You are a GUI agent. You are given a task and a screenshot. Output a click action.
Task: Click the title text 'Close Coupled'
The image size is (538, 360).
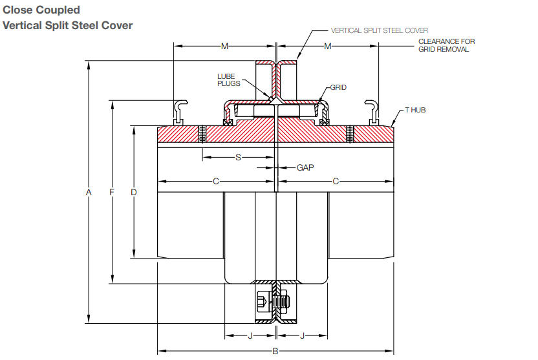(x=42, y=10)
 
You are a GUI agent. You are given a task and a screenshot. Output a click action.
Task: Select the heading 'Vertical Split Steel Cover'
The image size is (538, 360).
(x=68, y=26)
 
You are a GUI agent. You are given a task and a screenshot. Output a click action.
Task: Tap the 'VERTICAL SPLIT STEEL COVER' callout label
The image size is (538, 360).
(x=379, y=30)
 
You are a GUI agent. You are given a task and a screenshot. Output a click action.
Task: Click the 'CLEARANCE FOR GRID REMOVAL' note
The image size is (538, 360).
(x=446, y=45)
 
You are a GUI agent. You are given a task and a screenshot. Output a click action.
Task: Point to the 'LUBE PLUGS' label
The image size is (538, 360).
(x=229, y=79)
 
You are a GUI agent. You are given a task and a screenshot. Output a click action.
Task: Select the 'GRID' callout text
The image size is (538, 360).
(x=338, y=87)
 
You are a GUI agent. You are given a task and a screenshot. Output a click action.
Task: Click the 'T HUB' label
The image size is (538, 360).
(x=415, y=111)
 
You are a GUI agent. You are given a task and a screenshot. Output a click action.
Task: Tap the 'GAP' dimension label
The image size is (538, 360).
(x=305, y=167)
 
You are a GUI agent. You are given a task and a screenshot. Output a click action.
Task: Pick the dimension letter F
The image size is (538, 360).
(x=112, y=192)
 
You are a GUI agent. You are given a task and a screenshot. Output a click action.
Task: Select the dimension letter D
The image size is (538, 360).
(x=134, y=192)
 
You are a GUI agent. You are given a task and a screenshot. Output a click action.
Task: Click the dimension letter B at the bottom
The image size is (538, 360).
(x=275, y=351)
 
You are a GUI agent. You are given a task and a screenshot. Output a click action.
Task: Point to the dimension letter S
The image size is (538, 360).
(x=238, y=157)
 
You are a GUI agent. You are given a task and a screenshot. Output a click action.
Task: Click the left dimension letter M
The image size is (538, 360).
(x=224, y=47)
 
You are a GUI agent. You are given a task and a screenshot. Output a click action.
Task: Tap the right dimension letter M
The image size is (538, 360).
(x=328, y=47)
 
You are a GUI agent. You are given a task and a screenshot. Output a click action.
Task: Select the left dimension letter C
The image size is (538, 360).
(x=216, y=182)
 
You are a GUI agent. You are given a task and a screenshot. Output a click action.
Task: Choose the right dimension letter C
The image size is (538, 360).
(x=336, y=182)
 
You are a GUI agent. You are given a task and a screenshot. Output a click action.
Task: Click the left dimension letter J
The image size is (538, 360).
(x=251, y=335)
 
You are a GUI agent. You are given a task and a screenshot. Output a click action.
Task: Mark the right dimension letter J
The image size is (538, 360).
(x=301, y=335)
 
